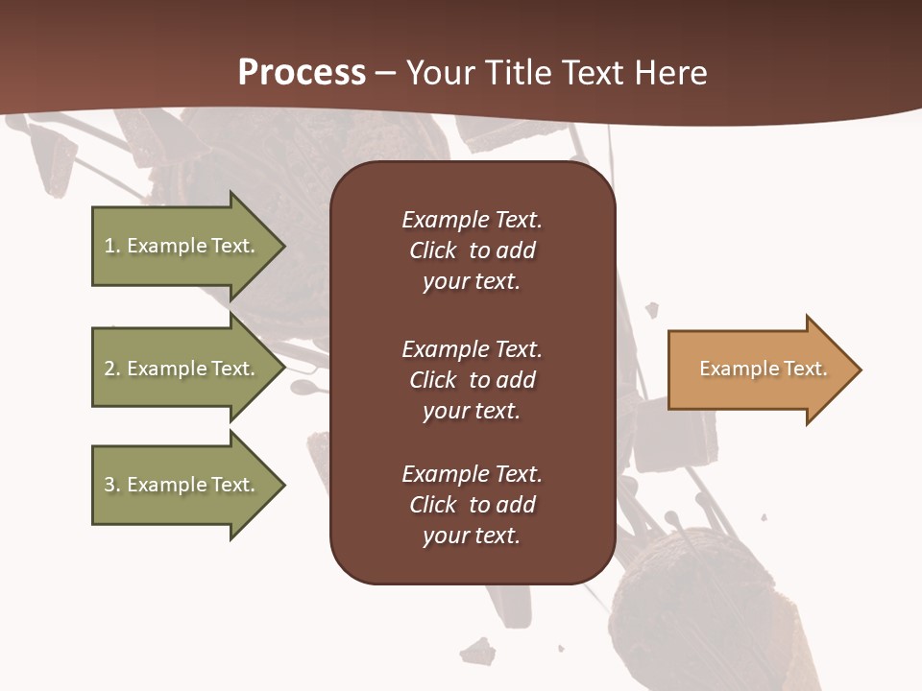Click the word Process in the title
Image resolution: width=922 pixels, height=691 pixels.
(302, 73)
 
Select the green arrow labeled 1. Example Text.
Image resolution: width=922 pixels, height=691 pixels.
(182, 246)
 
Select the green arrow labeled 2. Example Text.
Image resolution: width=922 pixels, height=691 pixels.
(182, 369)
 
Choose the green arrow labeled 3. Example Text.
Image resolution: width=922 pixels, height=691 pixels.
(182, 485)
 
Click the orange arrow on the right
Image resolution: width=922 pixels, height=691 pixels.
(759, 369)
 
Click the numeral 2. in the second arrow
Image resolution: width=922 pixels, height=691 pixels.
(111, 369)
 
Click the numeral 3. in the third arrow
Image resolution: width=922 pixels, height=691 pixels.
(111, 485)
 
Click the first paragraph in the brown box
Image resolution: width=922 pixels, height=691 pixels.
(472, 250)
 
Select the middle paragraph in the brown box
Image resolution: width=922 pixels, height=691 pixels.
(472, 380)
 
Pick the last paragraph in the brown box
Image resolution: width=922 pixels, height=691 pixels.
(472, 505)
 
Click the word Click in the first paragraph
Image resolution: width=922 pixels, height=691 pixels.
(432, 250)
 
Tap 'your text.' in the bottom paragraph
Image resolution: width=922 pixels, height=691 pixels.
(472, 536)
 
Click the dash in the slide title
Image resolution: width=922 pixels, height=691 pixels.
(385, 73)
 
